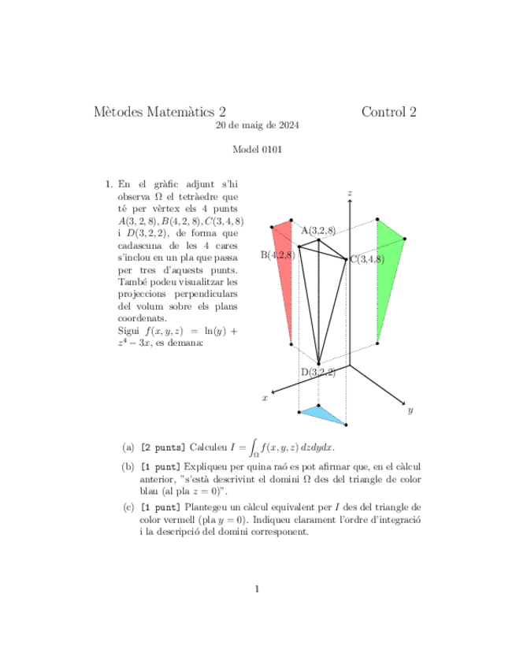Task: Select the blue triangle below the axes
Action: (x=324, y=415)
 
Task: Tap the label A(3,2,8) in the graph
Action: (x=318, y=230)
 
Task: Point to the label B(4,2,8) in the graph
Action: (x=278, y=254)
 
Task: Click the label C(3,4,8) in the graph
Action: (x=367, y=259)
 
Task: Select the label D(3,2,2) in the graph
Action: (x=318, y=372)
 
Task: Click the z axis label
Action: (x=348, y=192)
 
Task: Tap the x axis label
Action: (x=265, y=399)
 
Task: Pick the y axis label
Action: (x=410, y=410)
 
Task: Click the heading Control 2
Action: (x=388, y=112)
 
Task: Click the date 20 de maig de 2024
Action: (x=258, y=125)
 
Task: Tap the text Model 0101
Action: (x=258, y=149)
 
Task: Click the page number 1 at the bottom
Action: (x=258, y=588)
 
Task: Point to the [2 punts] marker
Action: (x=163, y=447)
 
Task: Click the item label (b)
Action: (x=128, y=468)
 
